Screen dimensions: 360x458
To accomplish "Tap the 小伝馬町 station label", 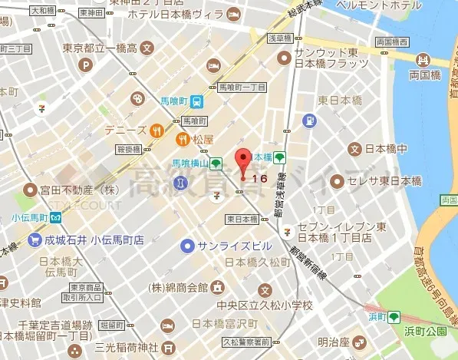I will tap(29, 216).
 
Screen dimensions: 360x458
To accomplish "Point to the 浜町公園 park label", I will tap(425, 332).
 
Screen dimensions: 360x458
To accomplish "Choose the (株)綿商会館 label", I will tap(180, 287).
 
